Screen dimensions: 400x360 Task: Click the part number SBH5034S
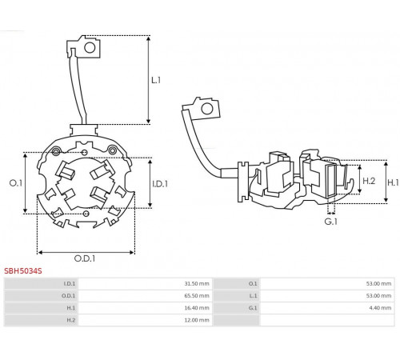(23, 271)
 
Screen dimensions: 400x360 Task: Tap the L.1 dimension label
(156, 80)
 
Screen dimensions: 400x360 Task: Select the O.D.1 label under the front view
(85, 258)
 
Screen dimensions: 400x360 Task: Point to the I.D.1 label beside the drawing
(160, 184)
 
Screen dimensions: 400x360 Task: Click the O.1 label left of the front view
(16, 183)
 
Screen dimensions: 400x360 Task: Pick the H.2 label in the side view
(369, 181)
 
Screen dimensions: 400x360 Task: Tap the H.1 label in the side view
(393, 182)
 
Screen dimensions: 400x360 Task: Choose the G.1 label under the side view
(331, 222)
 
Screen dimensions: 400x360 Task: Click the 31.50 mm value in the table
(197, 283)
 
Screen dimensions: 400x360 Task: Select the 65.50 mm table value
(197, 296)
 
